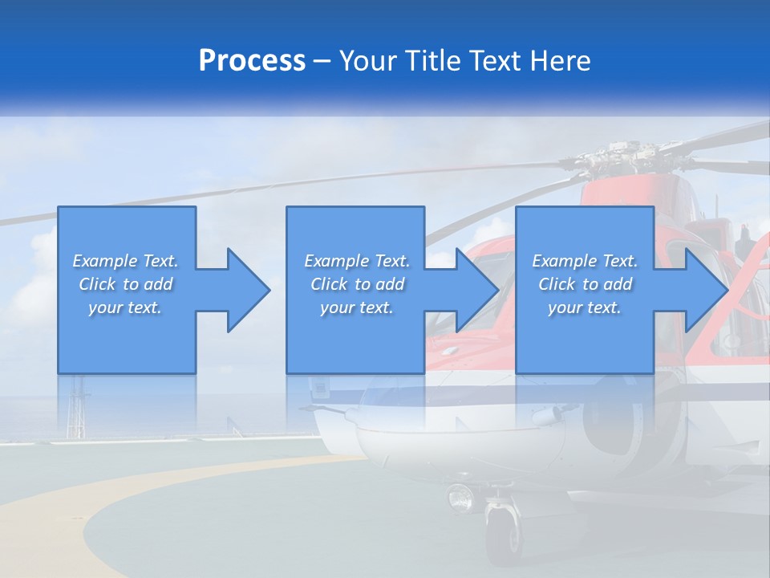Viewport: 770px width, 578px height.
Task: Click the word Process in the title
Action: click(x=252, y=61)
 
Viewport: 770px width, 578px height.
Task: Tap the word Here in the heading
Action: click(x=561, y=61)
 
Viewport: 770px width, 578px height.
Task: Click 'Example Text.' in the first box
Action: click(x=125, y=261)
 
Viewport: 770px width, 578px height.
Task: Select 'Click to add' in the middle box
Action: click(x=357, y=284)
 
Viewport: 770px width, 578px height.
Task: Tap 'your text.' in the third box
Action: click(x=585, y=307)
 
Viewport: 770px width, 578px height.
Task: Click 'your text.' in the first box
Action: click(x=125, y=307)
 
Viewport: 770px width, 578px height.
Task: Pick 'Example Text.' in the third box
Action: click(x=585, y=261)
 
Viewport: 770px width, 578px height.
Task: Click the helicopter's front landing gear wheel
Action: click(x=502, y=534)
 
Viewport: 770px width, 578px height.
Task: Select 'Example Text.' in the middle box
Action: click(x=357, y=261)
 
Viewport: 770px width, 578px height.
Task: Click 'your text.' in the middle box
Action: click(x=357, y=307)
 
